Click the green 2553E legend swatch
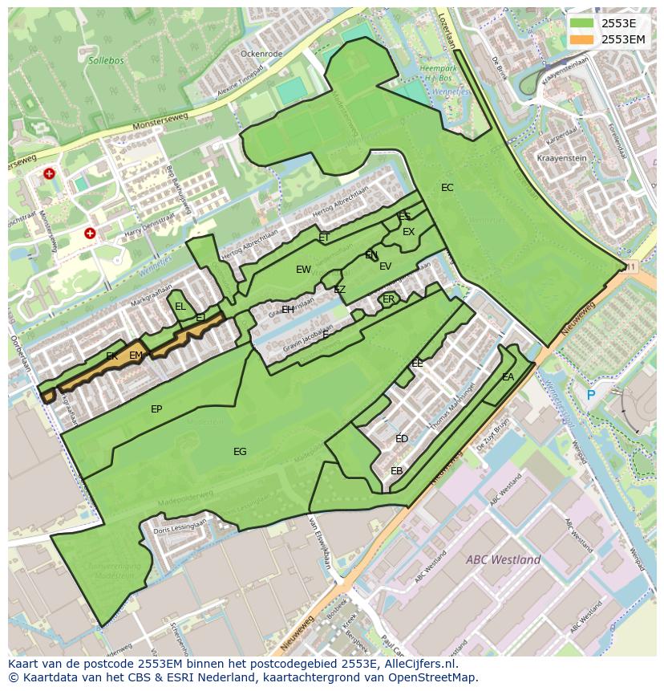[583, 23]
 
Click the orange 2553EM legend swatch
[583, 39]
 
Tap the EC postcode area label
[447, 188]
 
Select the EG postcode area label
[240, 452]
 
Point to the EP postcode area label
[156, 409]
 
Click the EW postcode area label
[303, 270]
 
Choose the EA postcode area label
[508, 377]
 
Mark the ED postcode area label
[402, 439]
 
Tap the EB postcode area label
[396, 471]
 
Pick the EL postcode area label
[180, 307]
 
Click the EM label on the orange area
[136, 356]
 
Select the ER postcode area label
[389, 299]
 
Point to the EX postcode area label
[409, 232]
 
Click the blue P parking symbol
[591, 395]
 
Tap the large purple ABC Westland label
[503, 559]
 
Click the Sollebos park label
[105, 59]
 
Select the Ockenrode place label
[261, 54]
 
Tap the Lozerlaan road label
[443, 30]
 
